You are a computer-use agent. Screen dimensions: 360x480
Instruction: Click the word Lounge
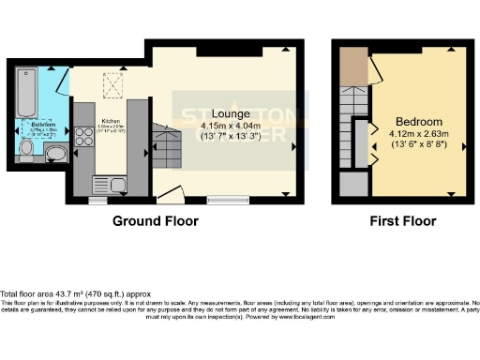[x=230, y=115]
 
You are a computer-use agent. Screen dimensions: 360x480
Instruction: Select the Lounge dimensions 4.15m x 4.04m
[x=230, y=127]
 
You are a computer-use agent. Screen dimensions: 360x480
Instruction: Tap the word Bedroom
[x=418, y=122]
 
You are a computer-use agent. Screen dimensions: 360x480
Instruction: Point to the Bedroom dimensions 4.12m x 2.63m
[x=418, y=135]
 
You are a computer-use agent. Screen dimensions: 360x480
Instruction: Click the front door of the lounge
[x=170, y=194]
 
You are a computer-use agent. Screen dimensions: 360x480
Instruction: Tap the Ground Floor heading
[x=156, y=222]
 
